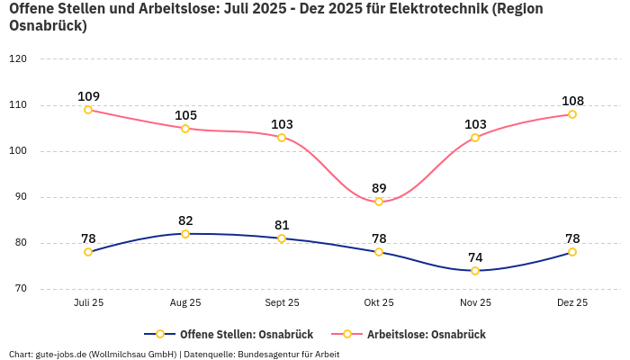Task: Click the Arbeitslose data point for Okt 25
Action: tap(379, 202)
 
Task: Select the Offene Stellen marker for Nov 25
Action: tap(475, 271)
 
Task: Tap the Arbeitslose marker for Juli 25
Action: tap(88, 110)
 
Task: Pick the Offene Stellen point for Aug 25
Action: tap(185, 234)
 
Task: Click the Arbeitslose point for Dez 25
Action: tap(572, 114)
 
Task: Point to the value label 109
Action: tap(88, 96)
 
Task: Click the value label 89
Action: tap(379, 188)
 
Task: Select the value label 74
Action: tap(475, 257)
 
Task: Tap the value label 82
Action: tap(185, 220)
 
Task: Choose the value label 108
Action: tap(572, 101)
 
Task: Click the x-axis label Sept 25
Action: tap(282, 302)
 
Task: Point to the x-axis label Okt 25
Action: tap(379, 302)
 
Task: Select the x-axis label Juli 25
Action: tap(88, 302)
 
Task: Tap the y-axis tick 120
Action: tap(18, 58)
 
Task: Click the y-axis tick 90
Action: tap(21, 197)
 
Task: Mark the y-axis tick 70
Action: tap(21, 289)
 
